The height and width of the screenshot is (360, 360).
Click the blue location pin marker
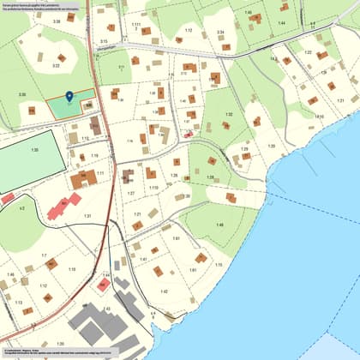pyautogui.click(x=69, y=97)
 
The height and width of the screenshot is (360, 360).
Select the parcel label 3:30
pyautogui.click(x=22, y=94)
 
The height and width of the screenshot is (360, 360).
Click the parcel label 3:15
pyautogui.click(x=104, y=41)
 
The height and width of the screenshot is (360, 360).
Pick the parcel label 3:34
pyautogui.click(x=220, y=33)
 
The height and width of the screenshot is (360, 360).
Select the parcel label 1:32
pyautogui.click(x=229, y=114)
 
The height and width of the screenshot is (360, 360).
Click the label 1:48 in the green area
pyautogui.click(x=219, y=225)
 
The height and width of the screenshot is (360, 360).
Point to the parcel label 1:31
pyautogui.click(x=87, y=216)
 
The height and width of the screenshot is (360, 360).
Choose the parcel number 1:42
pyautogui.click(x=165, y=291)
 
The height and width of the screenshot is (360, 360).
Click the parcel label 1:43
pyautogui.click(x=107, y=309)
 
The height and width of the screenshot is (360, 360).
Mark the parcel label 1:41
pyautogui.click(x=144, y=259)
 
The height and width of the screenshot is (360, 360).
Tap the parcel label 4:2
pyautogui.click(x=22, y=207)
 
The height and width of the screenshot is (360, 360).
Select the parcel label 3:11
pyautogui.click(x=122, y=66)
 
